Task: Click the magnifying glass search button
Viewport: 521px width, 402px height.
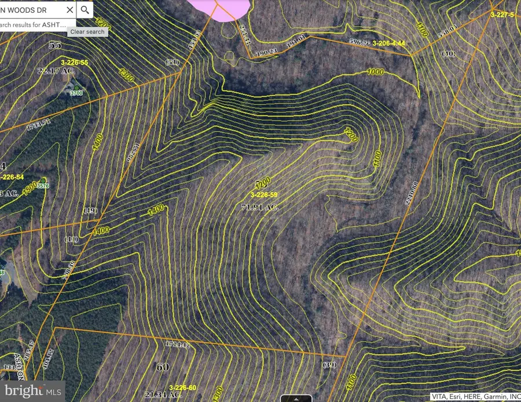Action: (x=85, y=10)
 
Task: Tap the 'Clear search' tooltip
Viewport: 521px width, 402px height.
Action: (x=87, y=32)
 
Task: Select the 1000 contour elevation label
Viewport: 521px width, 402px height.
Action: (x=376, y=72)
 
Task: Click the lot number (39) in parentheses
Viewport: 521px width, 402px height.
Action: (x=329, y=364)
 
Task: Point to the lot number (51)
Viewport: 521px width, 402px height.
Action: (x=172, y=62)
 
